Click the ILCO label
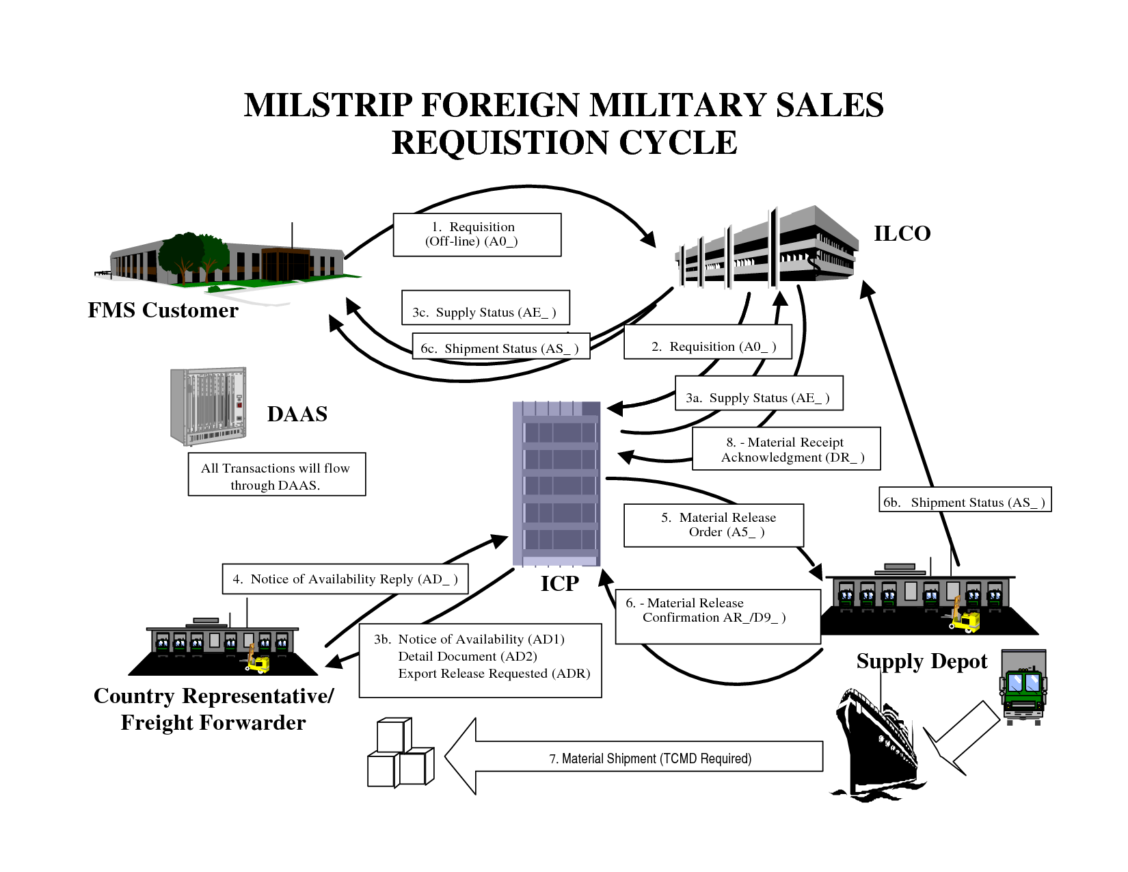[x=902, y=234]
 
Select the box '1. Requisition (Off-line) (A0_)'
[x=476, y=235]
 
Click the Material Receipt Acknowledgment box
[x=785, y=449]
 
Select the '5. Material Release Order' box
[x=713, y=525]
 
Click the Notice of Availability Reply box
[x=345, y=579]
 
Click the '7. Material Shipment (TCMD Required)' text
[x=650, y=758]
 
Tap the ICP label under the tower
[x=559, y=583]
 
